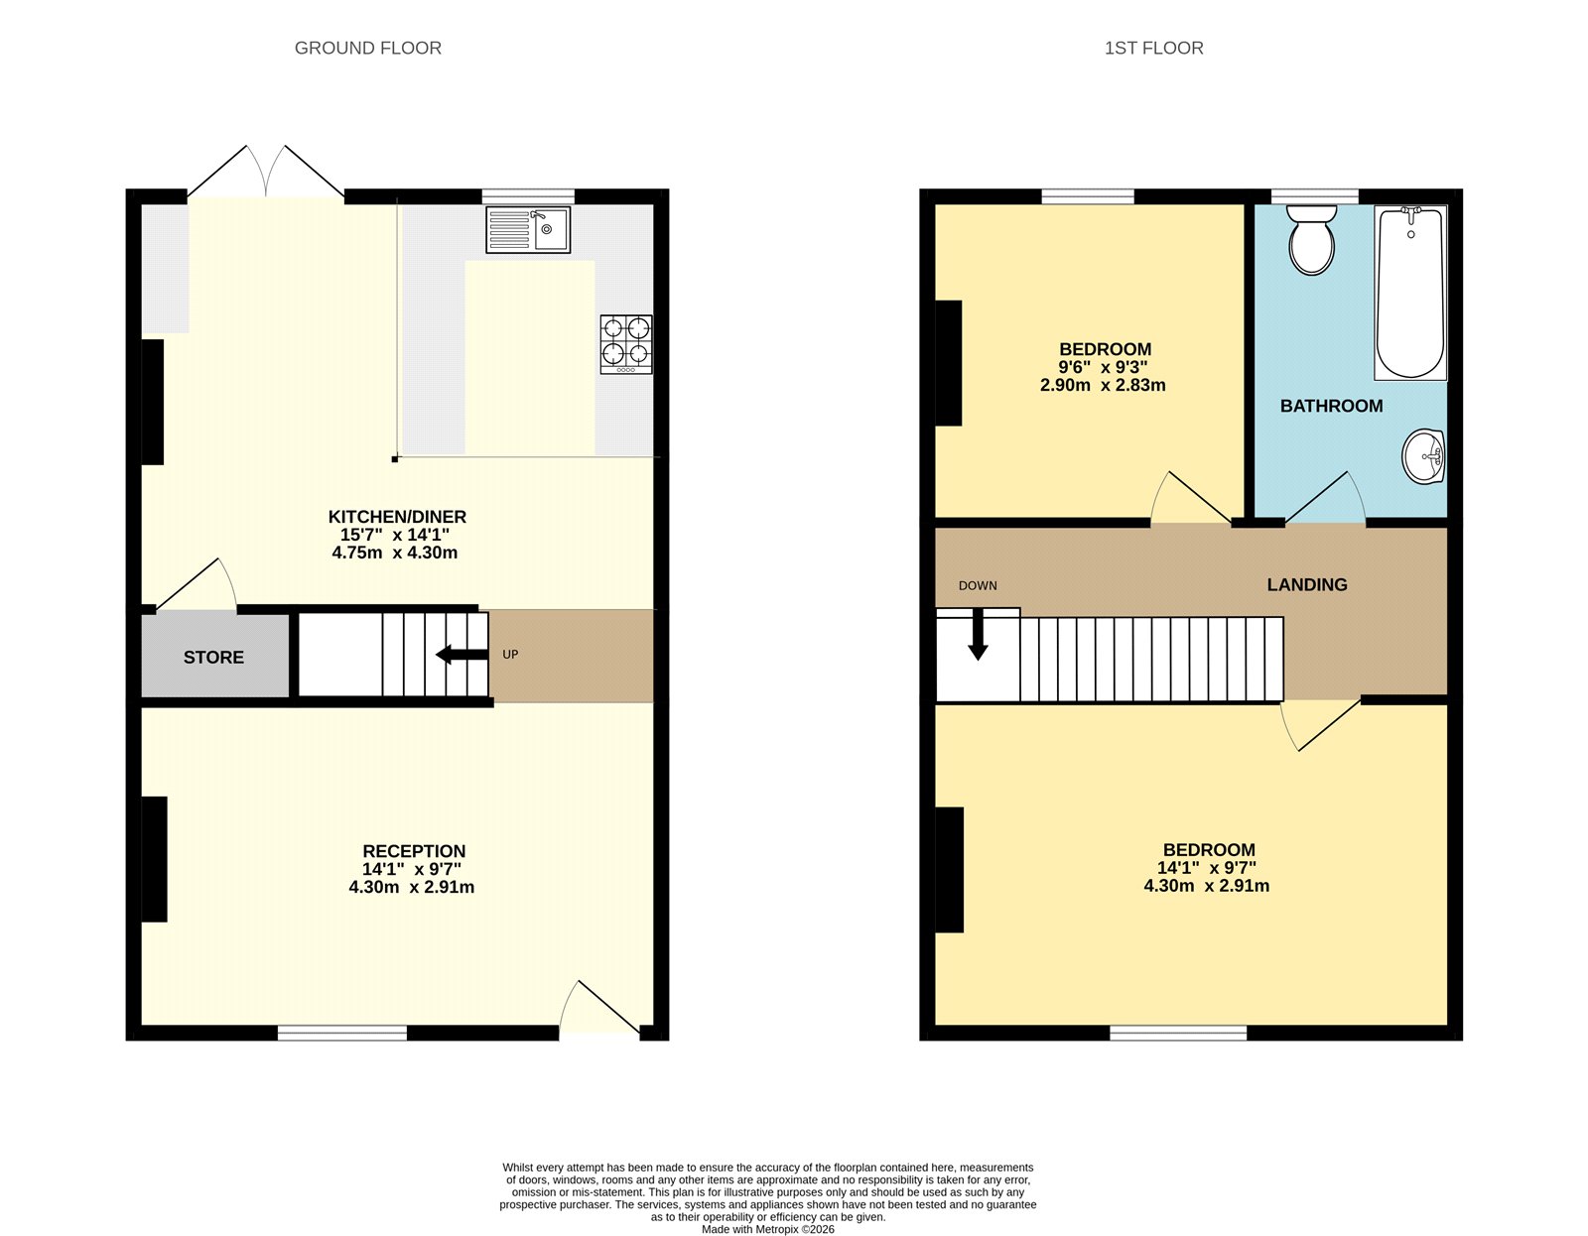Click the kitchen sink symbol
528,229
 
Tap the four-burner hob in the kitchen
626,343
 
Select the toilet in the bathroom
1312,239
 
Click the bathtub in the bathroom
1410,293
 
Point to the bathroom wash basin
1424,457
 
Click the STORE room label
213,657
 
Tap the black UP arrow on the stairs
463,654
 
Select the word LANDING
1306,584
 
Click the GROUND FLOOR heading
367,48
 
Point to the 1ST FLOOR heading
1153,48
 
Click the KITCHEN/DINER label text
397,517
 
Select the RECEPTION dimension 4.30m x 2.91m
411,887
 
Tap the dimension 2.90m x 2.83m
1103,385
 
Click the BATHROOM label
1331,406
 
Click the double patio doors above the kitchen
266,173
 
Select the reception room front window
341,1033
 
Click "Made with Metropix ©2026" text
767,1229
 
